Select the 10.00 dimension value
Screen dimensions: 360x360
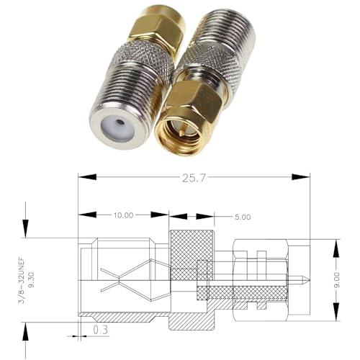pyautogui.click(x=123, y=215)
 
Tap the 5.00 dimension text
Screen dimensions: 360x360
pyautogui.click(x=241, y=216)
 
